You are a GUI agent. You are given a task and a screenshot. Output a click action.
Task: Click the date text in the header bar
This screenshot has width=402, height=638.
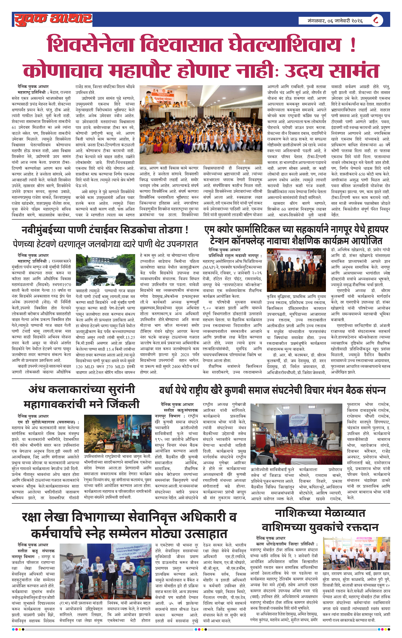335,21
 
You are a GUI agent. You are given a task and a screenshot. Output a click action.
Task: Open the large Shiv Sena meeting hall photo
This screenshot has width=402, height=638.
201,124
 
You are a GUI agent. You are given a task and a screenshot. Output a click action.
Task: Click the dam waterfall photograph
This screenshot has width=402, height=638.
105,270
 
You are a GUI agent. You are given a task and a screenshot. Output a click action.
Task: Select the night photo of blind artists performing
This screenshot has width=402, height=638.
118,434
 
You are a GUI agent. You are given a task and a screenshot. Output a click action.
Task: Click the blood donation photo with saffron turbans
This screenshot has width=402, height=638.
356,553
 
